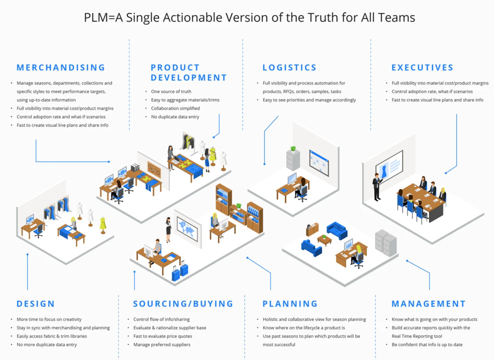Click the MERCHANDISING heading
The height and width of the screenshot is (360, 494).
[61, 68]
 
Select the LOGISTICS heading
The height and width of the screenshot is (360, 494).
[289, 68]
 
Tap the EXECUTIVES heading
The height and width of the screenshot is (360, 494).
[422, 68]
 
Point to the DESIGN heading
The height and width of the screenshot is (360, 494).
[36, 304]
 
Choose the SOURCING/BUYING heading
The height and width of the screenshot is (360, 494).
[183, 304]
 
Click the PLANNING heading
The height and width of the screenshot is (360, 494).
[290, 304]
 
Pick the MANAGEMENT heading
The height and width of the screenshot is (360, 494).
[429, 304]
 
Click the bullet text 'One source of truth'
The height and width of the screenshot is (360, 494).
[171, 92]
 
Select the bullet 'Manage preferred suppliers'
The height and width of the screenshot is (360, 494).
[162, 344]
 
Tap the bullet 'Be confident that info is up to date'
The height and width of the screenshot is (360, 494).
[427, 344]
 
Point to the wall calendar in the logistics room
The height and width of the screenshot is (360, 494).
[319, 163]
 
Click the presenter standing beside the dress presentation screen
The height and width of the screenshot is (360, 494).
[377, 187]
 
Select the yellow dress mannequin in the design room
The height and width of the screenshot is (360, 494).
[103, 225]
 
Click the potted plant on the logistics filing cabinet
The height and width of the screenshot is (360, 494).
[293, 148]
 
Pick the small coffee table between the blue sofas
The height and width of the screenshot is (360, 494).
[324, 240]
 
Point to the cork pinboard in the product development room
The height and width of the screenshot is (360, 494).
[154, 170]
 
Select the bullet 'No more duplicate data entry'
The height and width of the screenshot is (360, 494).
[47, 344]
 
